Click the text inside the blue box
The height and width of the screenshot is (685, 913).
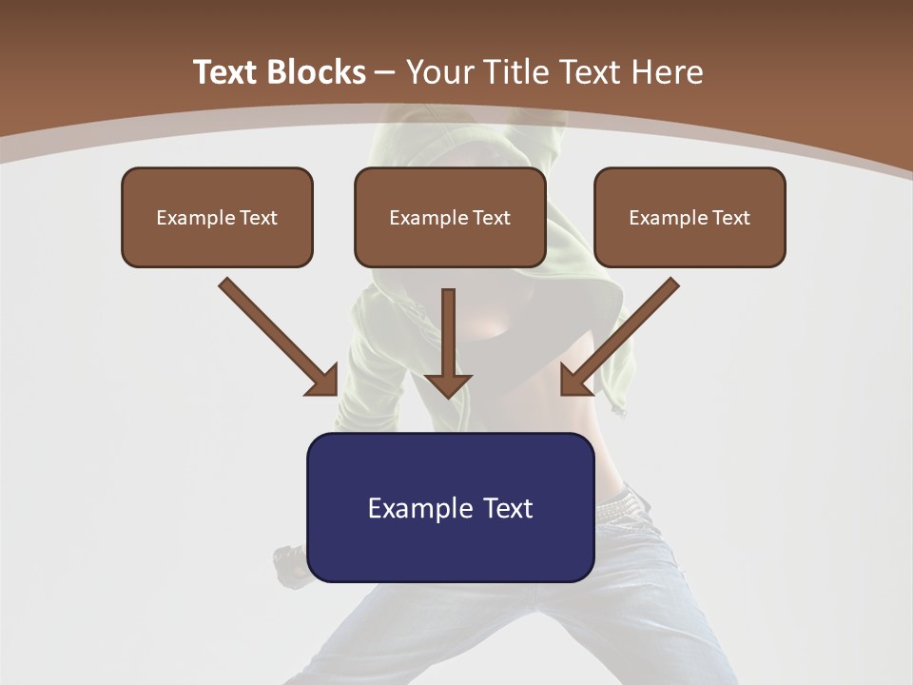[450, 508]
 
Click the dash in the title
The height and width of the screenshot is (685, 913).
[385, 72]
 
